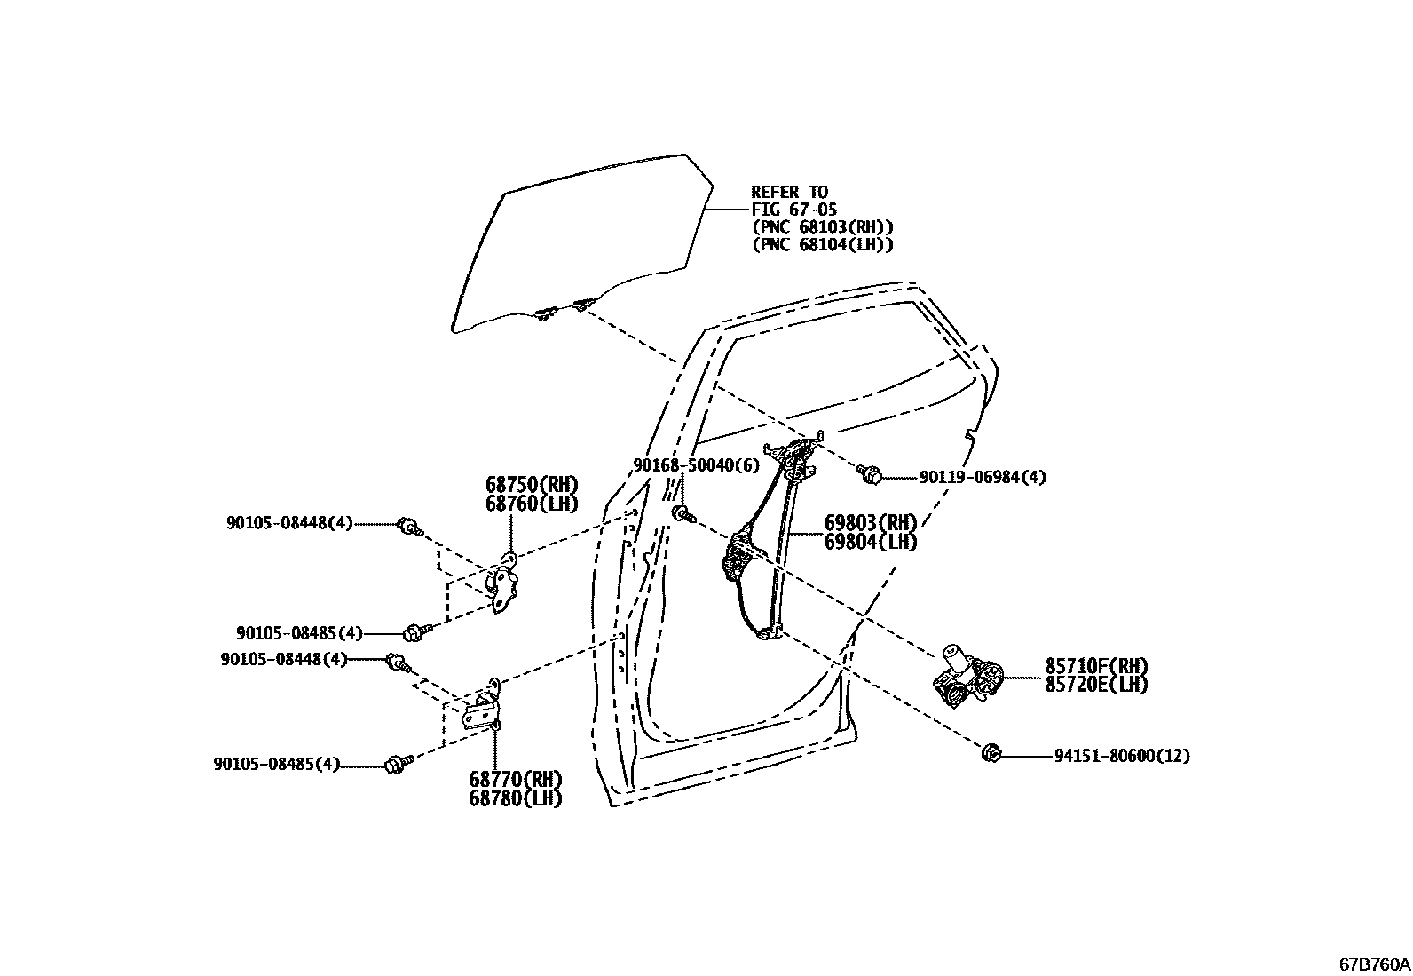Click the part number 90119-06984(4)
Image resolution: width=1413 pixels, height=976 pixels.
point(983,478)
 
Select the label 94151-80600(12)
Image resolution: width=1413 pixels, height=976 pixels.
point(1122,757)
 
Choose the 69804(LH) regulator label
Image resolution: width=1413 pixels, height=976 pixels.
point(870,541)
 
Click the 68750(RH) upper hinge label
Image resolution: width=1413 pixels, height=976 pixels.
point(532,485)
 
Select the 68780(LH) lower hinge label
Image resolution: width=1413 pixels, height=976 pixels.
point(516,797)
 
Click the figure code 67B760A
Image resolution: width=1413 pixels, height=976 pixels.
point(1374,964)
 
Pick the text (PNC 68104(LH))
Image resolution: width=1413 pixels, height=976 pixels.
point(822,245)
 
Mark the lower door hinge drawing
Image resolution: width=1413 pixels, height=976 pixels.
point(485,706)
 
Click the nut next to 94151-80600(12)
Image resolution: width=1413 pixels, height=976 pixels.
point(991,754)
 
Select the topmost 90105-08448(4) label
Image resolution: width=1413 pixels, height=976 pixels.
point(289,524)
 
